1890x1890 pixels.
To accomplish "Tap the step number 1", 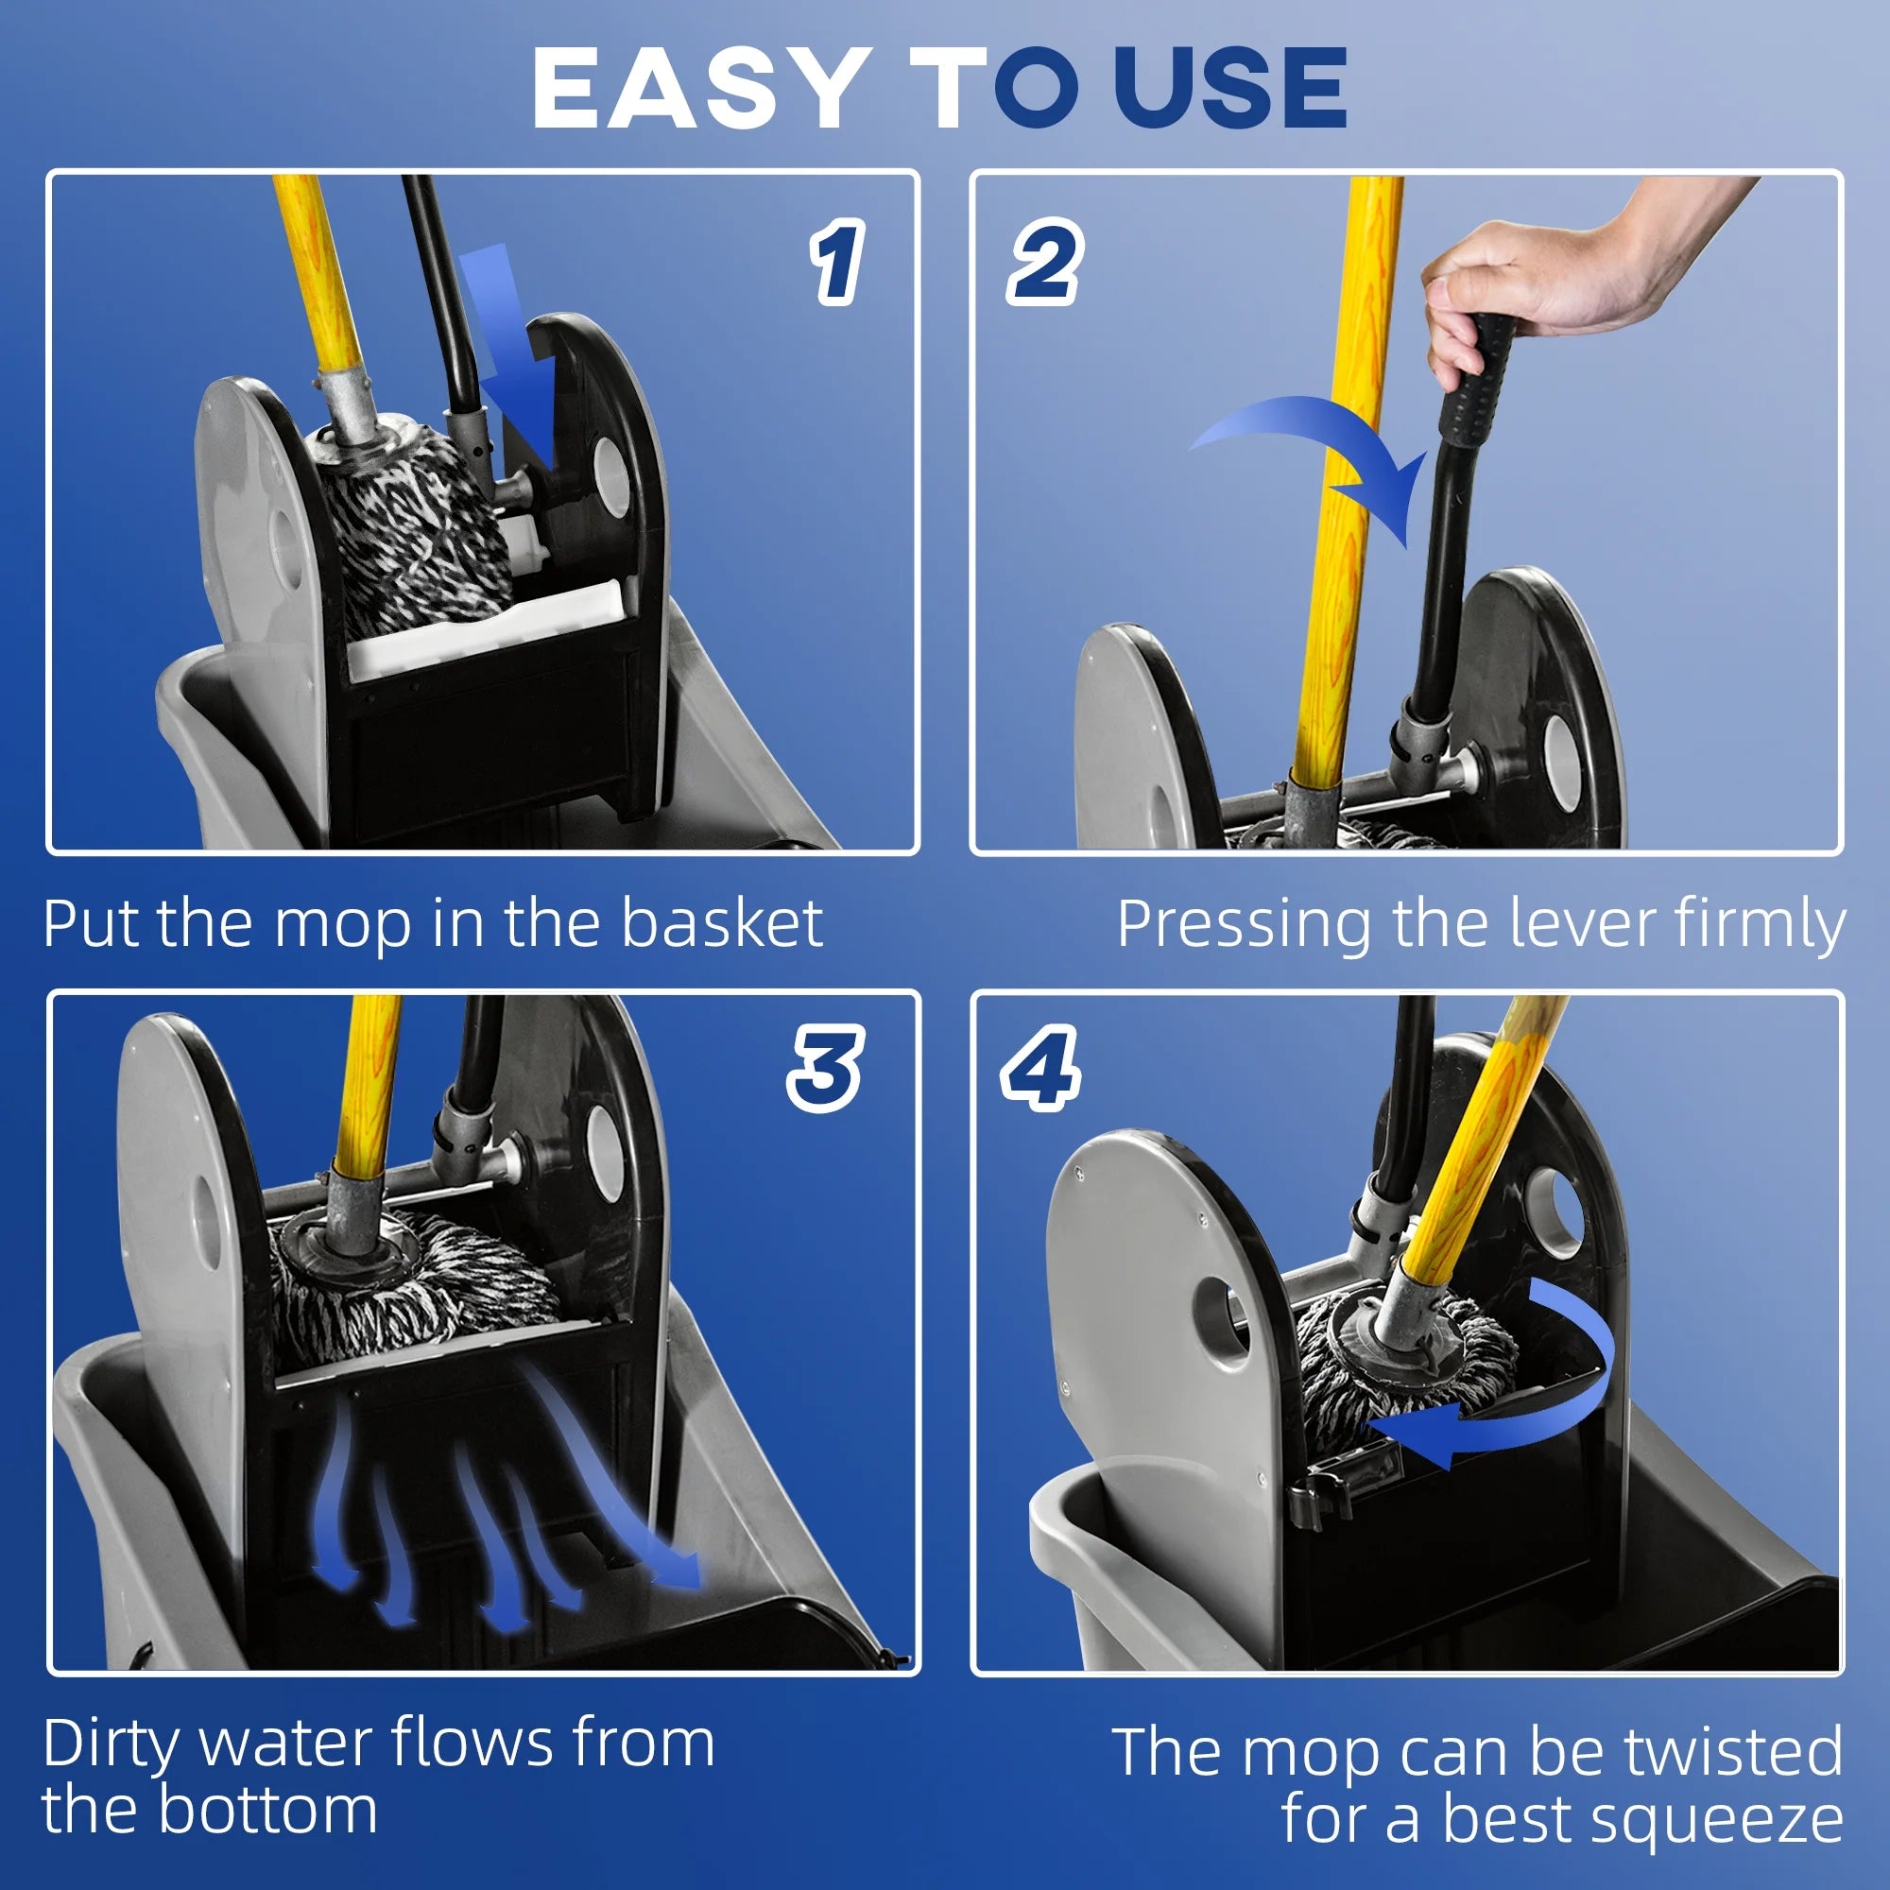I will [x=836, y=261].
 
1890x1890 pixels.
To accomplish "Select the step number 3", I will [x=825, y=1069].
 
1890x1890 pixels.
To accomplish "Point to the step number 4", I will [x=1040, y=1069].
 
